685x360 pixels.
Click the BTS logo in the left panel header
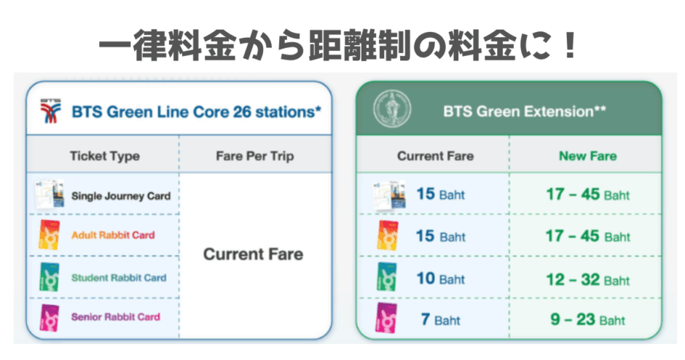[x=50, y=111]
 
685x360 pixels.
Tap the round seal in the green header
[x=392, y=109]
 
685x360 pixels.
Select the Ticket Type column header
[x=105, y=156]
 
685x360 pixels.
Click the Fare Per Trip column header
[x=255, y=156]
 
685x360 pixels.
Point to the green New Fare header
[x=587, y=156]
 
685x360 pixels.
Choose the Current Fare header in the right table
[x=435, y=156]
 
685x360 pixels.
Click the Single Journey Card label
[x=120, y=196]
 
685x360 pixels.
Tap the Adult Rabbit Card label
[x=113, y=235]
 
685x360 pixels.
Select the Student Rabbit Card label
[x=119, y=278]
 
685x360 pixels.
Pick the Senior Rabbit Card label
[x=115, y=317]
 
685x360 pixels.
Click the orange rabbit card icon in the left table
[x=50, y=235]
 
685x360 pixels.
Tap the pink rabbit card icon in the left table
[x=50, y=318]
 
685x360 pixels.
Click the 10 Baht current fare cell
[x=440, y=278]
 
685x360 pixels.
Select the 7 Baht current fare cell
[x=440, y=319]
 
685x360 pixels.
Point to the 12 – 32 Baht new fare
[x=587, y=279]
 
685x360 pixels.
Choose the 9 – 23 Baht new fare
[x=587, y=319]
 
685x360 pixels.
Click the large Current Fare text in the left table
[x=253, y=254]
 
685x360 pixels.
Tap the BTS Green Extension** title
[x=524, y=111]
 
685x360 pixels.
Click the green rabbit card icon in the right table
[x=387, y=276]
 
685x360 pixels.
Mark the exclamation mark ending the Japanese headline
[x=570, y=45]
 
